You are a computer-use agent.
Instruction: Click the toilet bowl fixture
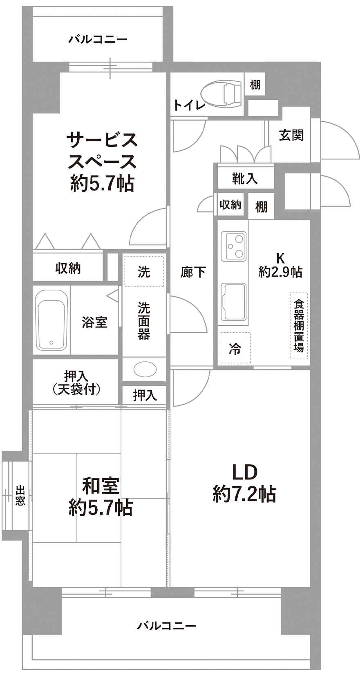click(x=223, y=94)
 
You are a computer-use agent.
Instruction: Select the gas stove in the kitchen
click(x=234, y=246)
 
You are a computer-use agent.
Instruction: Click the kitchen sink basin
click(x=234, y=301)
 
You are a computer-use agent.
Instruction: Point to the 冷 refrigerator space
click(x=235, y=348)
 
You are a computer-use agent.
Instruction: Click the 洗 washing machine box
click(x=144, y=271)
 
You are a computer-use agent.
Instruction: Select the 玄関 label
click(x=291, y=135)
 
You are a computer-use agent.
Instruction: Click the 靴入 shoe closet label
click(x=245, y=178)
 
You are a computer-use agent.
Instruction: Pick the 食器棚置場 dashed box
click(x=299, y=326)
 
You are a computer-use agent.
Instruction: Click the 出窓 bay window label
click(x=20, y=495)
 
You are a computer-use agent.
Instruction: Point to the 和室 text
click(x=101, y=486)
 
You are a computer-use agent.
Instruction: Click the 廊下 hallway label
click(x=193, y=272)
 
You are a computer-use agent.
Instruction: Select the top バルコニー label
click(x=98, y=40)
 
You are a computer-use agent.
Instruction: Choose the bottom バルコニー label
click(x=167, y=626)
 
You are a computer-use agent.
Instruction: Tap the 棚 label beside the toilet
click(x=255, y=85)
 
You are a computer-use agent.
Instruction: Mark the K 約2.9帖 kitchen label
click(x=280, y=265)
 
